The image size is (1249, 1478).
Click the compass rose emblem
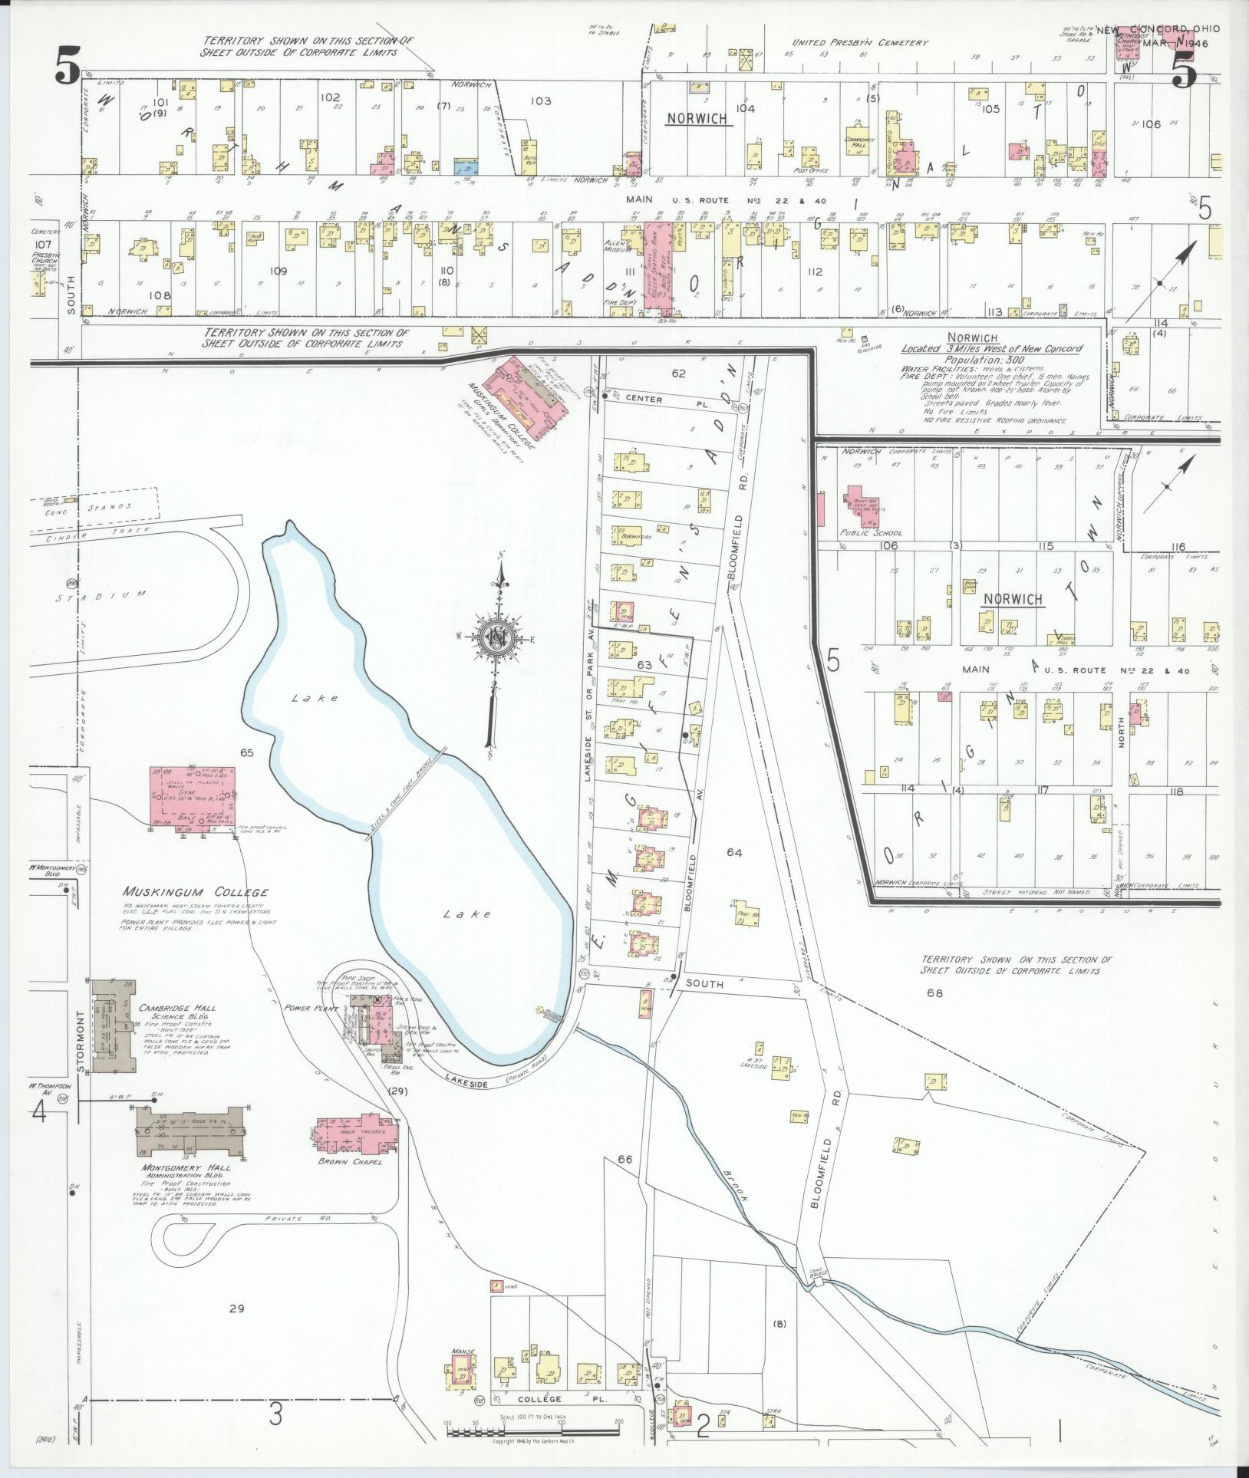496,637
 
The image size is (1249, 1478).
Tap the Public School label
872,532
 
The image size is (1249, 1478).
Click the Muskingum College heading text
196,892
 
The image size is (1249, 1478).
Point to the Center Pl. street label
643,399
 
